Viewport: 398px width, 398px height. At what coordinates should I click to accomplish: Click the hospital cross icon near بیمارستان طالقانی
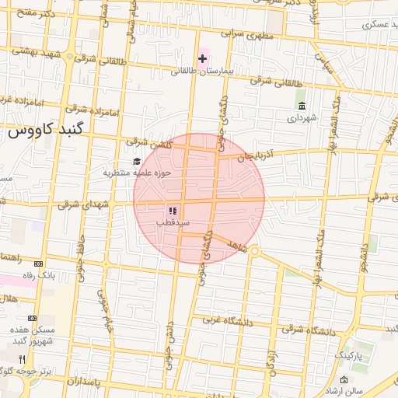click(203, 59)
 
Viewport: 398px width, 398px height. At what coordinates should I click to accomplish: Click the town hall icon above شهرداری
click(302, 106)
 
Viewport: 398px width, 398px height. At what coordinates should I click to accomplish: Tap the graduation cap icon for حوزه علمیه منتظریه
click(137, 161)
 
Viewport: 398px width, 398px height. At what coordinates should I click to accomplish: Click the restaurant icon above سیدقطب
click(173, 211)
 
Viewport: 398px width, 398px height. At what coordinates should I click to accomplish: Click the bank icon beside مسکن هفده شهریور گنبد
click(33, 318)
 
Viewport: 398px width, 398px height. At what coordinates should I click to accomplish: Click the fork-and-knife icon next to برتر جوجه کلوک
click(22, 359)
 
